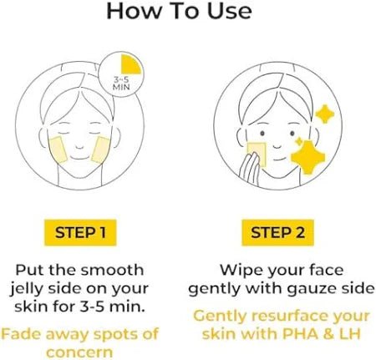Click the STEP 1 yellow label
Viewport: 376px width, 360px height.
tap(80, 233)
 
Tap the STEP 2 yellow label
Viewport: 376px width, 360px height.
tap(277, 233)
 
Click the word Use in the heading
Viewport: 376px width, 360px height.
tap(230, 11)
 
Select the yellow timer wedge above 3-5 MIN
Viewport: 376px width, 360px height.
tap(130, 64)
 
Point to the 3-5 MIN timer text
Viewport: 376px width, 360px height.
tap(121, 84)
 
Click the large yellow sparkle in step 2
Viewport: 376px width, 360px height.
tap(308, 158)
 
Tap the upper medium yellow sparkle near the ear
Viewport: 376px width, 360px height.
tap(324, 114)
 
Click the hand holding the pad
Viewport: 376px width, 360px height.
tap(250, 169)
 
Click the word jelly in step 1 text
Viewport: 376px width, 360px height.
tap(27, 290)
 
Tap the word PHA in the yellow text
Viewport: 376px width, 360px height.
tap(300, 333)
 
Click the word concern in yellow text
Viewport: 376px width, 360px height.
tap(79, 353)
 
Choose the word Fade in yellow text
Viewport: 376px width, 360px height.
tap(22, 334)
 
